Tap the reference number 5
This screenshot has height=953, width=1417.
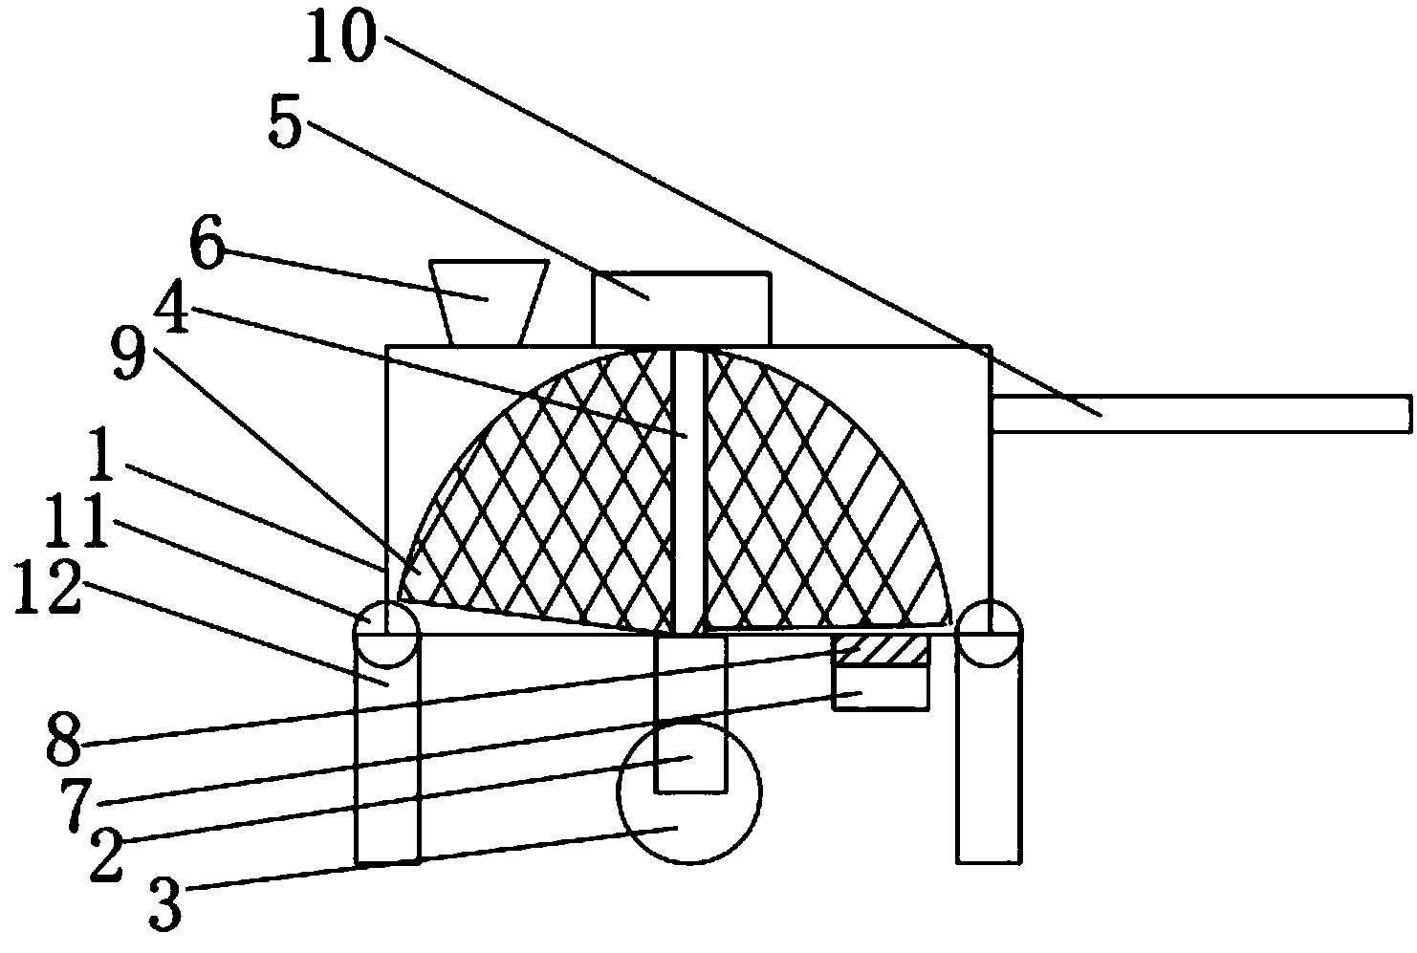[284, 125]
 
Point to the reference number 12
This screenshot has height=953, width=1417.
[48, 590]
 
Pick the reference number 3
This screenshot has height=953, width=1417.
[164, 903]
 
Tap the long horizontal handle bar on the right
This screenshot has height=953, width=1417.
[1201, 414]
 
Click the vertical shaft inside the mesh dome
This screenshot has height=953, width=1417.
[688, 487]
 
